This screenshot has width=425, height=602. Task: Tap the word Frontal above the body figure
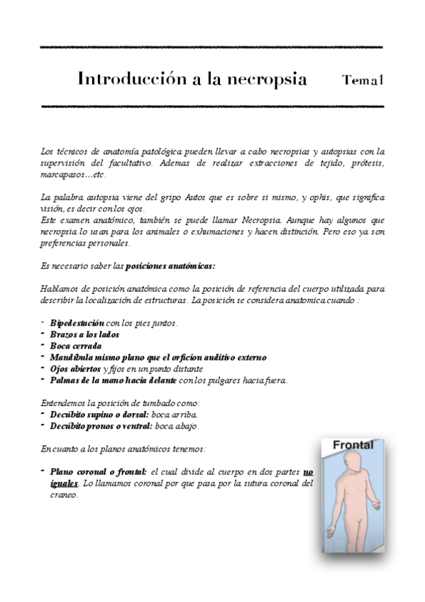(x=349, y=444)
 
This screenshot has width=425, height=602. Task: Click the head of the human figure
(x=348, y=462)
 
